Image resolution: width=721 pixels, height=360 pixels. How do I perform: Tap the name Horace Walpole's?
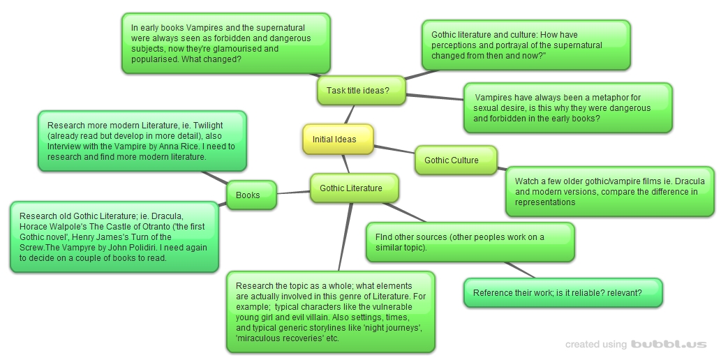coord(48,227)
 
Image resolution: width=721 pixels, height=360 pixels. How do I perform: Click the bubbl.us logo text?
coord(669,344)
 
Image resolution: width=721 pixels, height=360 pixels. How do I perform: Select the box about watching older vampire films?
coord(610,192)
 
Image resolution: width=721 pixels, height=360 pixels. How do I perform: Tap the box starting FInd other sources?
coord(470,242)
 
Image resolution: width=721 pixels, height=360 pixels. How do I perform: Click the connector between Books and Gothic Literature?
coord(293,193)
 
